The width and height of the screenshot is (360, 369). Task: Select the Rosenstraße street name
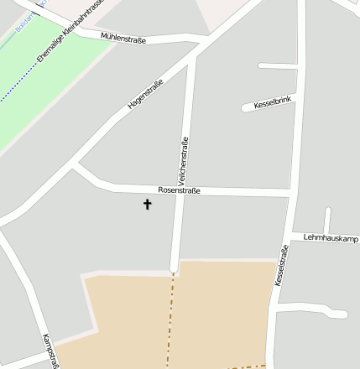click(179, 190)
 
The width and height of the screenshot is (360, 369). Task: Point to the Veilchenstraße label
click(183, 161)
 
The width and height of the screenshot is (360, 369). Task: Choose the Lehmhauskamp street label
click(326, 236)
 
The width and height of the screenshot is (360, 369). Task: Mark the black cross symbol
click(148, 204)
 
